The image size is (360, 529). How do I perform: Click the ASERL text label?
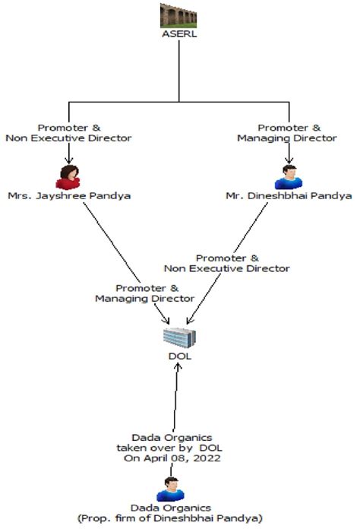pyautogui.click(x=179, y=34)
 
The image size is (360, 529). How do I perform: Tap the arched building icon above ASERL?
pyautogui.click(x=178, y=15)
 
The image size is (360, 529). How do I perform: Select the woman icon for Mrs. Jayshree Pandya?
pyautogui.click(x=68, y=177)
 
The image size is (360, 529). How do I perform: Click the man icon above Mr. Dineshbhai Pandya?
pyautogui.click(x=289, y=177)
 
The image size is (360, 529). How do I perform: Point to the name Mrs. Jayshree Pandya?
pyautogui.click(x=69, y=196)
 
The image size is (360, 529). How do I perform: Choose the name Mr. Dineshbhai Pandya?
pyautogui.click(x=289, y=196)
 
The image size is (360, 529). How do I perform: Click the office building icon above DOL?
pyautogui.click(x=180, y=337)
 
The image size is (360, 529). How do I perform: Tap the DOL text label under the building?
pyautogui.click(x=180, y=356)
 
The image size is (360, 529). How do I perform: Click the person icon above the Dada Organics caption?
pyautogui.click(x=170, y=489)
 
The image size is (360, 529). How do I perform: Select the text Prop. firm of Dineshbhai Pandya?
pyautogui.click(x=170, y=518)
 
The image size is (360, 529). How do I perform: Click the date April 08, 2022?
pyautogui.click(x=182, y=458)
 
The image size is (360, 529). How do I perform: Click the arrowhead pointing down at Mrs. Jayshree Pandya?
pyautogui.click(x=69, y=160)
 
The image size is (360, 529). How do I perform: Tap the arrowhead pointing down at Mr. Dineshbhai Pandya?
pyautogui.click(x=289, y=160)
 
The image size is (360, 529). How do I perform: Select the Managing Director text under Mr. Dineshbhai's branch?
pyautogui.click(x=287, y=138)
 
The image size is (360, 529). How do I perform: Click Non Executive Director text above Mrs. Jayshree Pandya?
pyautogui.click(x=68, y=138)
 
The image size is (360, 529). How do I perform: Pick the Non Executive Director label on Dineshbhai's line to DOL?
pyautogui.click(x=227, y=268)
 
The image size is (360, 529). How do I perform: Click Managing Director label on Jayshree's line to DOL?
pyautogui.click(x=144, y=299)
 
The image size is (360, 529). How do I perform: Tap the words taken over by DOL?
pyautogui.click(x=169, y=448)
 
